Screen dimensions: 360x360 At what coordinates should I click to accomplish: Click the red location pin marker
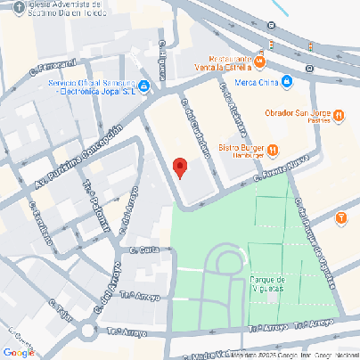pos(179,168)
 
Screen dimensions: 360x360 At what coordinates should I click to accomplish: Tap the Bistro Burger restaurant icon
pos(273,149)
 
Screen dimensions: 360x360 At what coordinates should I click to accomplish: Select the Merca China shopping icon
pos(289,82)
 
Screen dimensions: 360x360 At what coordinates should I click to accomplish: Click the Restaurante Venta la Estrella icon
pos(259,61)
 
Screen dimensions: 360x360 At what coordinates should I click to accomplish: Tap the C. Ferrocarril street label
pos(51,64)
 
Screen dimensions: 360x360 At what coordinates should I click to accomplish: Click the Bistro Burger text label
pos(239,149)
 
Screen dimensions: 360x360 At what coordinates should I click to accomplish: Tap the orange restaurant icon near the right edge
pos(342,218)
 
